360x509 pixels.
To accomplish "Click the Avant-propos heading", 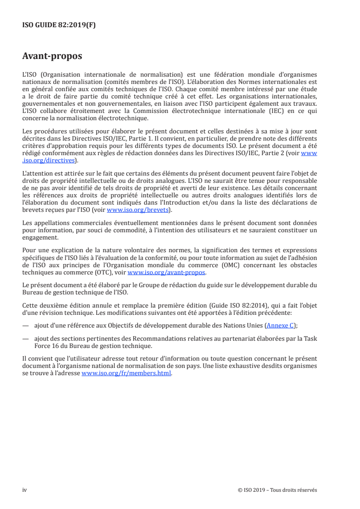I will tap(52, 56).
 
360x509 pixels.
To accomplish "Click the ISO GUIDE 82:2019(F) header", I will tap(59, 25).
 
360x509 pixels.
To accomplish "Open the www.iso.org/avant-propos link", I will tap(167, 273).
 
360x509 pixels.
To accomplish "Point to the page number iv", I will tap(25, 490).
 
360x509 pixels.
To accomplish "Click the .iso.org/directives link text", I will tap(49, 160).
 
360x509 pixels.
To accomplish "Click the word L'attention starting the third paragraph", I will tap(38, 172).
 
